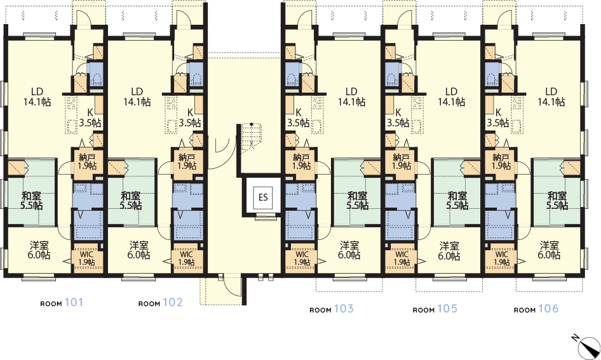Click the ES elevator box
tap(263, 197)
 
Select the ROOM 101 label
tap(62, 303)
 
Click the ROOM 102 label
tap(161, 303)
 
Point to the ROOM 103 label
tap(332, 309)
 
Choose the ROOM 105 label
tap(435, 309)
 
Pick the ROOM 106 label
tap(536, 309)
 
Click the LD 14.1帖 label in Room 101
tap(37, 97)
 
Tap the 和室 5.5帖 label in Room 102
tap(131, 201)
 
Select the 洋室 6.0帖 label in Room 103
tap(349, 250)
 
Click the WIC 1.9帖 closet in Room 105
tap(402, 258)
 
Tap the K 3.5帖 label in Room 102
tap(190, 117)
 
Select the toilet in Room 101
tap(95, 79)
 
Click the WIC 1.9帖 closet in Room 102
tap(186, 258)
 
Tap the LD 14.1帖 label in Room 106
tap(551, 97)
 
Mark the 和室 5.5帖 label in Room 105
tap(457, 201)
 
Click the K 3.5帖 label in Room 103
tap(299, 117)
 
